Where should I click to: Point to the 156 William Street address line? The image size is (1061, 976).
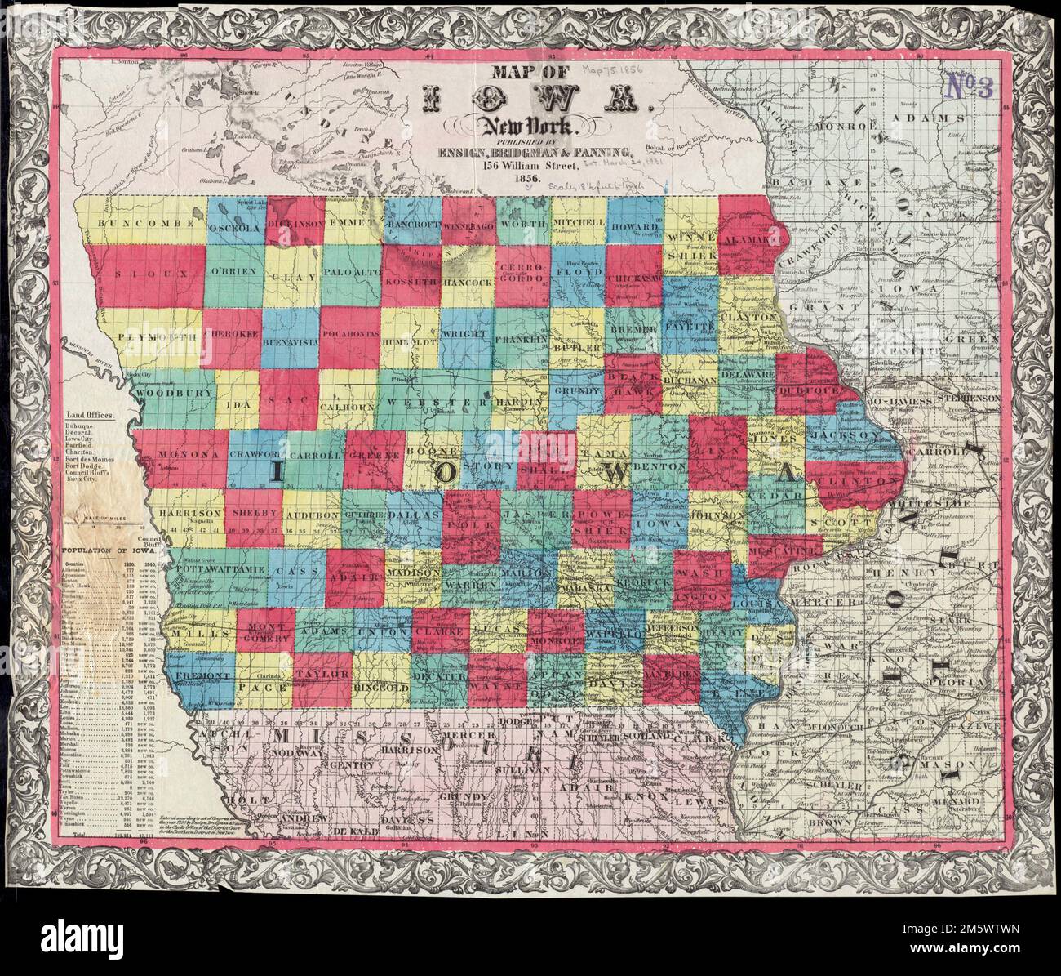[x=530, y=165]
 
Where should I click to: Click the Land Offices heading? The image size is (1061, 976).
[x=90, y=415]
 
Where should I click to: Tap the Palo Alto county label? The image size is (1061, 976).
[x=351, y=270]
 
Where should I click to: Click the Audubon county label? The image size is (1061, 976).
[x=311, y=515]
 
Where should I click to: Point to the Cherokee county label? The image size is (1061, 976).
[x=233, y=335]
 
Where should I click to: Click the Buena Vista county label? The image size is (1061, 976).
[x=290, y=344]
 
